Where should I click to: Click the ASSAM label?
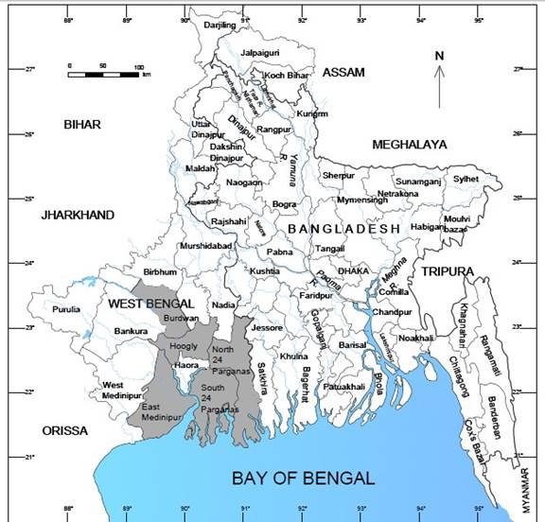coord(343,73)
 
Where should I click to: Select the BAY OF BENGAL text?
coord(303,478)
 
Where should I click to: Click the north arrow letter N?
coord(439,56)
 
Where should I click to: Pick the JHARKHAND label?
coord(77,216)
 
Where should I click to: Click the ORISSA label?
coord(64,430)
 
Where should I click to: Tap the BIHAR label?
coord(81,124)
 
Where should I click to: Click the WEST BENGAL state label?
coord(150,304)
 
